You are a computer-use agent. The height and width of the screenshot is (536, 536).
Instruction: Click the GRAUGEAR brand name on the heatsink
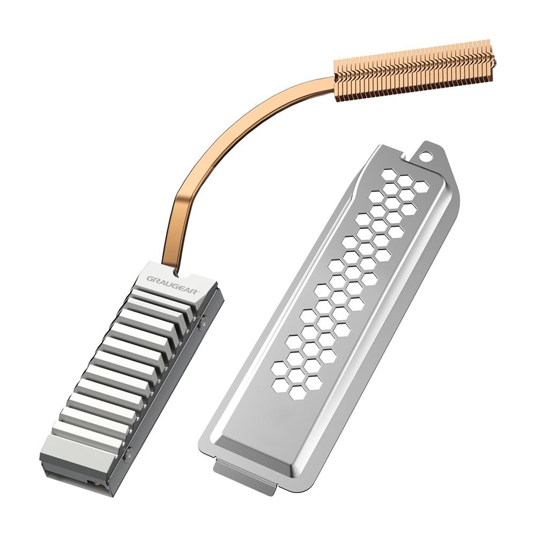(173, 282)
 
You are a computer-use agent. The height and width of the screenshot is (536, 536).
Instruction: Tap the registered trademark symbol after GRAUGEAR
(198, 291)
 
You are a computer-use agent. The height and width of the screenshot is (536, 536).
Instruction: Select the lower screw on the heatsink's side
(128, 456)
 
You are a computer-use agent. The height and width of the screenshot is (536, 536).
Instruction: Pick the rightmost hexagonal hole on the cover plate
(422, 186)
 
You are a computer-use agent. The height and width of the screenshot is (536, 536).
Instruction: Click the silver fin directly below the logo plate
(161, 300)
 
